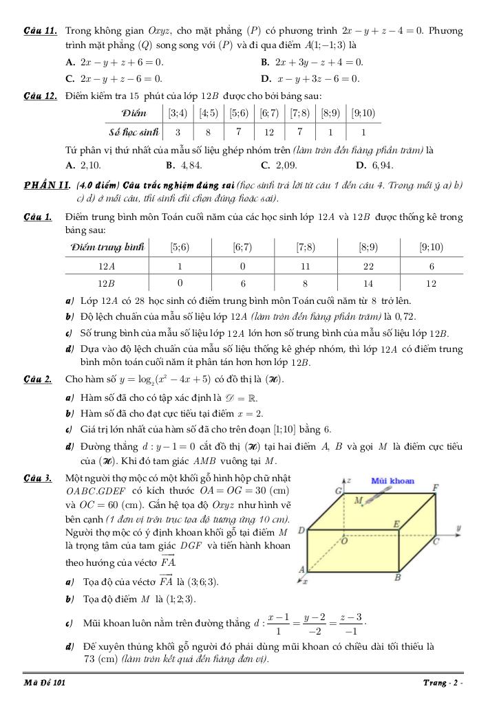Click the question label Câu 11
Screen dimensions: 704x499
(40, 32)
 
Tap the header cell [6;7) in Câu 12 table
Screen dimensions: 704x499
(269, 113)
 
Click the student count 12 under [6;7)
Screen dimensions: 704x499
(269, 131)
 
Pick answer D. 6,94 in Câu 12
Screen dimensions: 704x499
(374, 165)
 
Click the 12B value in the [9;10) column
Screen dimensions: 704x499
(432, 283)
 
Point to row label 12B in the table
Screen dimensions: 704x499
(106, 283)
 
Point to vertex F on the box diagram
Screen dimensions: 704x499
(435, 488)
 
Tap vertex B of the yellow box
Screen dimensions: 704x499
(397, 577)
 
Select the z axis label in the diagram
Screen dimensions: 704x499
(350, 479)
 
